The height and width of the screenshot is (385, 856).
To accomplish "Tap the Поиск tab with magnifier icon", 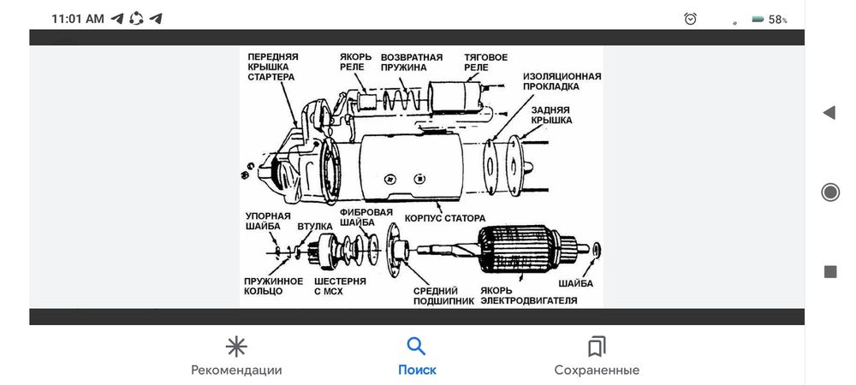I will [x=417, y=356].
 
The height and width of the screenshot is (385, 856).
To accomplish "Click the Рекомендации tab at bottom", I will [x=236, y=356].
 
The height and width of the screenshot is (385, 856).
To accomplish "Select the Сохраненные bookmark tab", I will [x=597, y=356].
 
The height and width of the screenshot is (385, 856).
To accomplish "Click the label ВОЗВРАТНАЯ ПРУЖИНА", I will [x=412, y=62].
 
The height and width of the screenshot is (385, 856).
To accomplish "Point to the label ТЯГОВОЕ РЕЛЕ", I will [x=486, y=62].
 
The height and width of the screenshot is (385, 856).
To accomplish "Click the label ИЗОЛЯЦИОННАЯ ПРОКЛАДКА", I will [x=562, y=81].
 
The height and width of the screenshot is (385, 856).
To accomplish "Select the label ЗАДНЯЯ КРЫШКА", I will [x=551, y=115].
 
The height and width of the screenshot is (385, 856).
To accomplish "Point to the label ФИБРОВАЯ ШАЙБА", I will [x=366, y=216].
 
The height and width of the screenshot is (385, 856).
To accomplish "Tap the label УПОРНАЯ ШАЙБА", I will [x=269, y=222].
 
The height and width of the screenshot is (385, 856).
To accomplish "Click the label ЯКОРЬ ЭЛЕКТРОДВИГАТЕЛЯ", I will [x=528, y=296].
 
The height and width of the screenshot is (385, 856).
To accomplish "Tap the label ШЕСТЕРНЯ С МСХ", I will [x=340, y=286].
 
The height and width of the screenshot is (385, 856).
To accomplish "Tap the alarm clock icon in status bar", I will [x=691, y=19].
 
